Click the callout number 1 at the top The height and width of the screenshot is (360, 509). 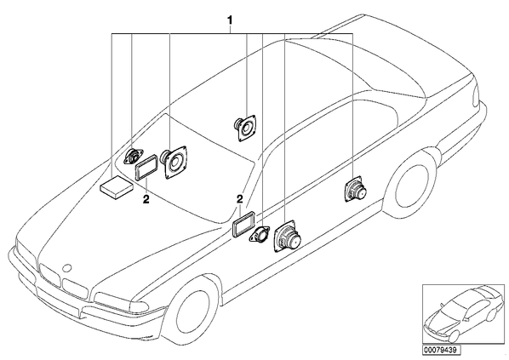[230, 20]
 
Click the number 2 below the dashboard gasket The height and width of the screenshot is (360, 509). [146, 199]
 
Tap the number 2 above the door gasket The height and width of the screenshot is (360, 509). [239, 199]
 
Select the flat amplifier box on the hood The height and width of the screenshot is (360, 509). [117, 187]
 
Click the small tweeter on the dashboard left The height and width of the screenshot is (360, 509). [134, 157]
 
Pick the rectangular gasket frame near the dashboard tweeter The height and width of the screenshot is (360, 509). [146, 167]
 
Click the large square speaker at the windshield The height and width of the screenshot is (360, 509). [175, 161]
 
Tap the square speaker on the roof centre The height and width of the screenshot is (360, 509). [246, 127]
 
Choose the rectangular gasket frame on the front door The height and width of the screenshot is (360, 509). [243, 223]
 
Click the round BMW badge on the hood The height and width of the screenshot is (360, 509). [68, 267]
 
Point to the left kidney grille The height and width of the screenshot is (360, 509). [49, 275]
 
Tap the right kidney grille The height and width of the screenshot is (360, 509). [75, 289]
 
